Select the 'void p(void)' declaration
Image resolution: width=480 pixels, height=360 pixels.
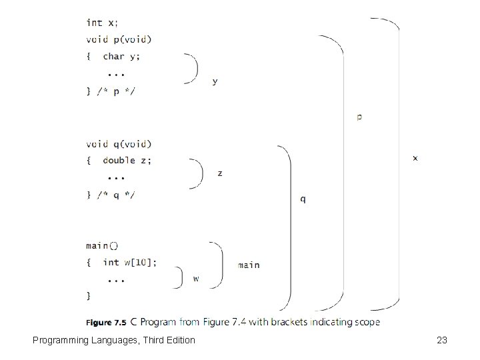point(119,39)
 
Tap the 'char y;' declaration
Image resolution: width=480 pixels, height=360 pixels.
point(123,56)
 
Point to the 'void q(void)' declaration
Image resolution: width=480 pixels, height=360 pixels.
point(119,143)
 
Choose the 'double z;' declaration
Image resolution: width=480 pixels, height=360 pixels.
point(127,160)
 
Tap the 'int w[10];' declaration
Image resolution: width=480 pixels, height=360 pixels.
point(130,262)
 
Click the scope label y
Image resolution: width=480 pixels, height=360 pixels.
point(214,81)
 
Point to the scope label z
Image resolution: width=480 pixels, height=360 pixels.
point(220,173)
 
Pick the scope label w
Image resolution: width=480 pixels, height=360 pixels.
point(195,278)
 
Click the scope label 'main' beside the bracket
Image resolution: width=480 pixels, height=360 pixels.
point(249,265)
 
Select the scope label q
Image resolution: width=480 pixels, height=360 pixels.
point(304,199)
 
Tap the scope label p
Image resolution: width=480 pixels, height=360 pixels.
point(360,117)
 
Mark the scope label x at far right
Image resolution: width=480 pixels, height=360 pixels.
point(416,158)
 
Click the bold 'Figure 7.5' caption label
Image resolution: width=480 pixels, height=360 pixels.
point(106,323)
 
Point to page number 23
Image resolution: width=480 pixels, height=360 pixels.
point(441,341)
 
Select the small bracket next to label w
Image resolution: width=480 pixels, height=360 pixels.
point(179,278)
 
